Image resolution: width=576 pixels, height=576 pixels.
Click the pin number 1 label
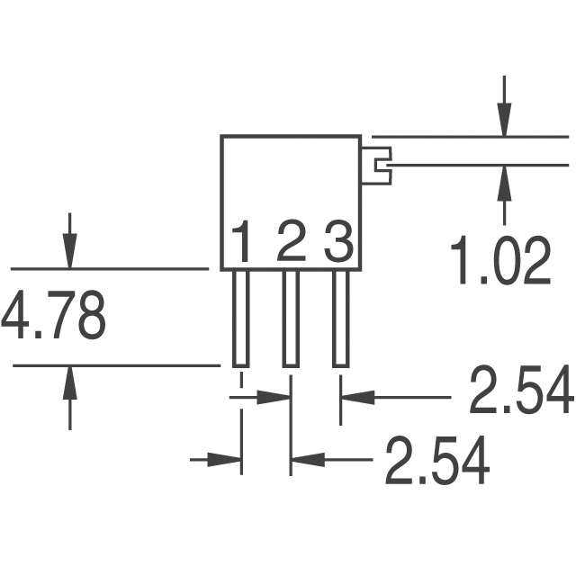coord(241,242)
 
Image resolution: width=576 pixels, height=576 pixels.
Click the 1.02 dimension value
coord(500,261)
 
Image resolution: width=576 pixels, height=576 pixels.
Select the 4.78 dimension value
coord(54,317)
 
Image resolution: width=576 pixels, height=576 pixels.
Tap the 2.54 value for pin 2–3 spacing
coord(520,393)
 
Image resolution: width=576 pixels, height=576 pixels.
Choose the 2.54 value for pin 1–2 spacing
coord(437,460)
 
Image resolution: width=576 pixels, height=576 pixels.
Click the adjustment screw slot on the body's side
coord(381,165)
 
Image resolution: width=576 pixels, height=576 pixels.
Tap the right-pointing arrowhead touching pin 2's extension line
coord(274,395)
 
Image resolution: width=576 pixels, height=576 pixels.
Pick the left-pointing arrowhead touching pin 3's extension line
coord(355,395)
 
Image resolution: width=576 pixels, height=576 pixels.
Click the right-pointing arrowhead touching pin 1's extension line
coord(226,460)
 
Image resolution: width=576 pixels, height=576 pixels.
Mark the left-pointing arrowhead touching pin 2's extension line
coord(306,460)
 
